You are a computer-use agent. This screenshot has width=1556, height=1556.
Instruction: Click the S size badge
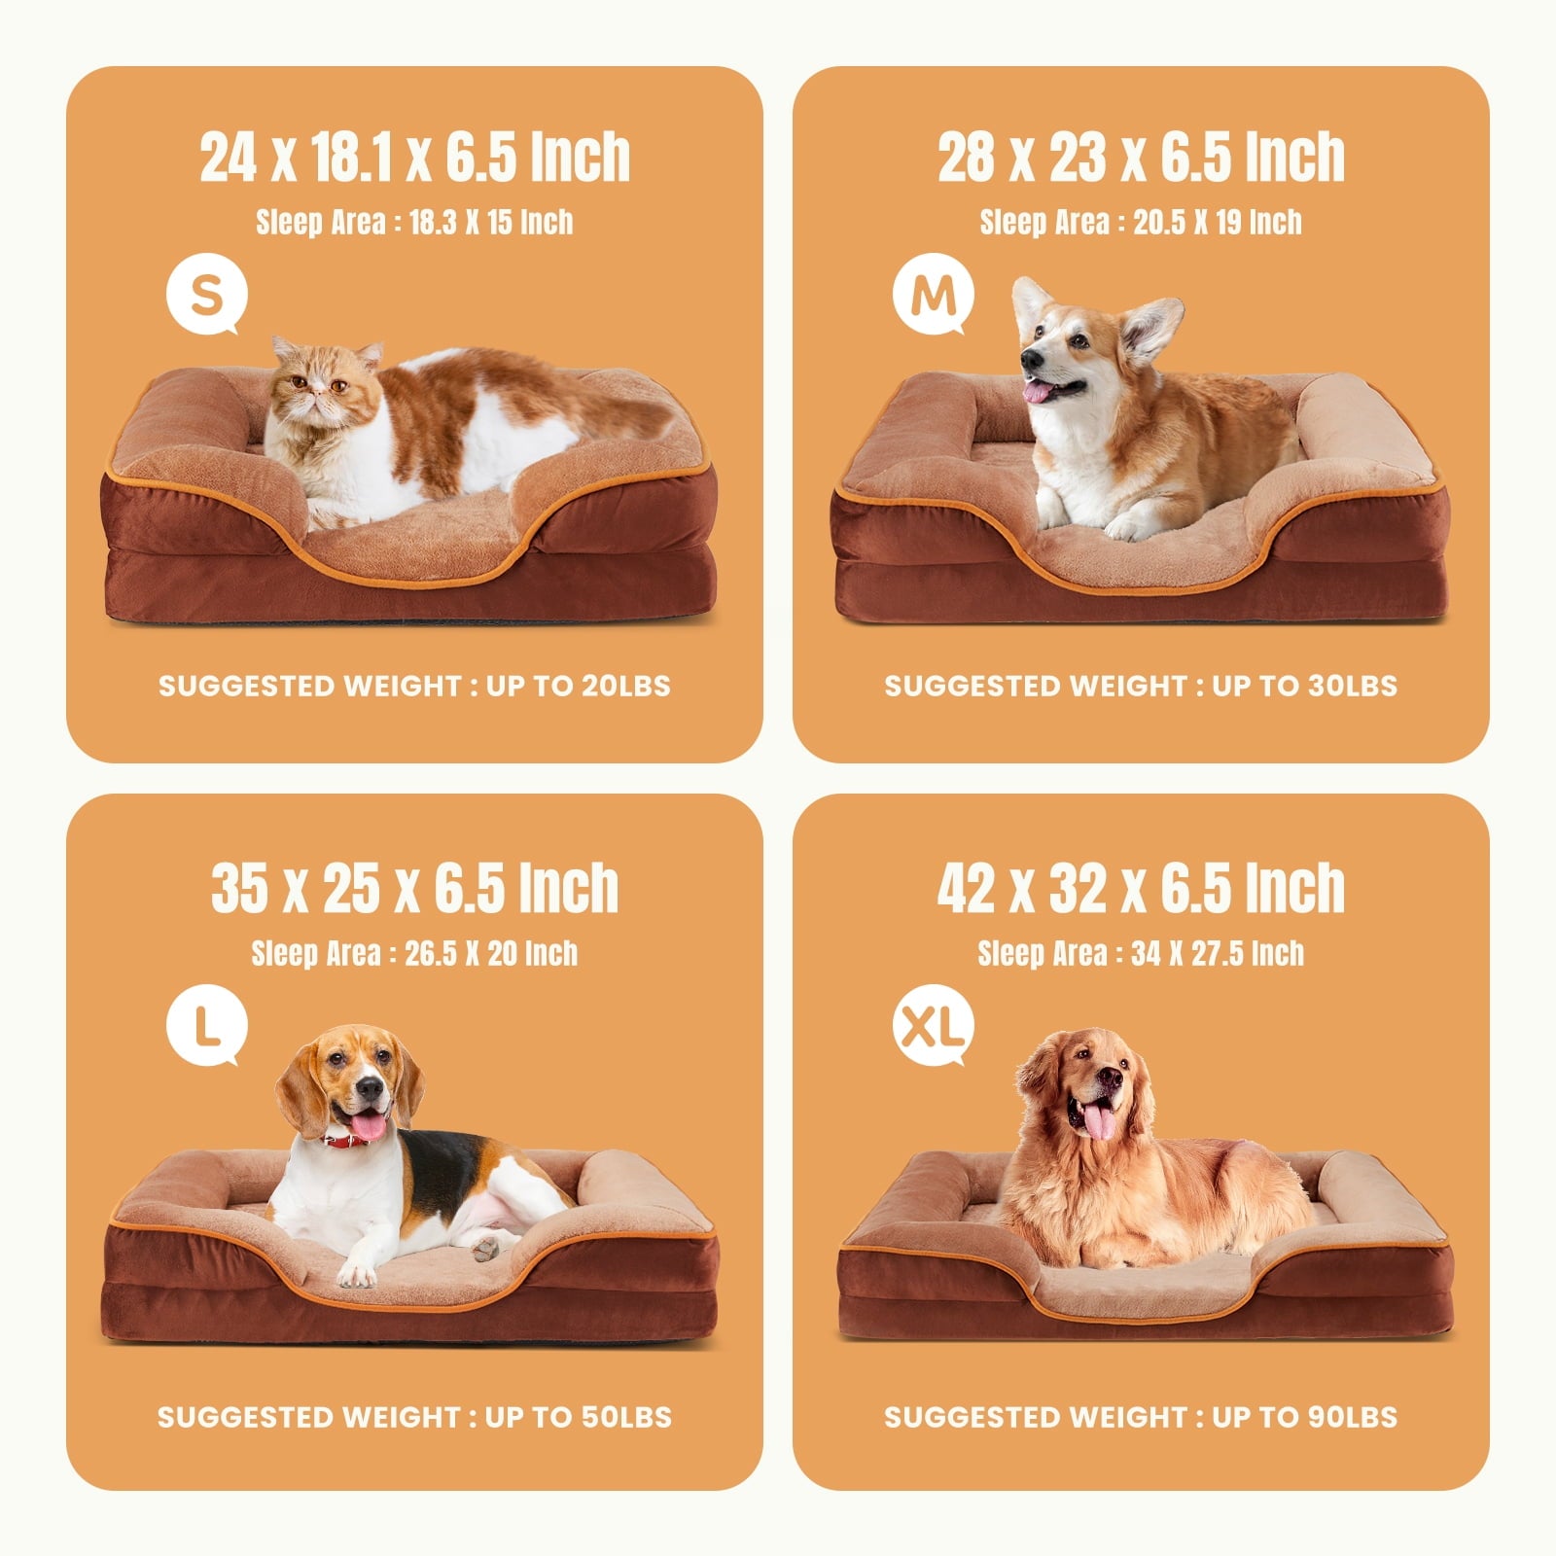point(206,295)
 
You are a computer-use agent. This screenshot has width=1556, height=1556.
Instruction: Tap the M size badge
point(933,295)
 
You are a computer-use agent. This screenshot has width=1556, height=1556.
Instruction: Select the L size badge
point(206,1026)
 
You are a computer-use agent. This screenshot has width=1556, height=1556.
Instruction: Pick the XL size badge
point(933,1026)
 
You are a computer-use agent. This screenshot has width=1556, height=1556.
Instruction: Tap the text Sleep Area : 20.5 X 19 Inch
point(1141,222)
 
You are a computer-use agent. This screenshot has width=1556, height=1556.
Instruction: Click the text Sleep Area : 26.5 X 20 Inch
point(414,953)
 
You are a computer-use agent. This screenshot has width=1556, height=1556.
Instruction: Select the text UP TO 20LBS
point(578,686)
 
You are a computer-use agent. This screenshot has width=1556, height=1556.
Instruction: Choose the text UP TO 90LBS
point(1304,1417)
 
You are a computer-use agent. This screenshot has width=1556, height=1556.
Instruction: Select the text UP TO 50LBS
point(578,1417)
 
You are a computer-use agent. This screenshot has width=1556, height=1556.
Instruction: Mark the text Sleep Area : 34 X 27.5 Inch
point(1141,953)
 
